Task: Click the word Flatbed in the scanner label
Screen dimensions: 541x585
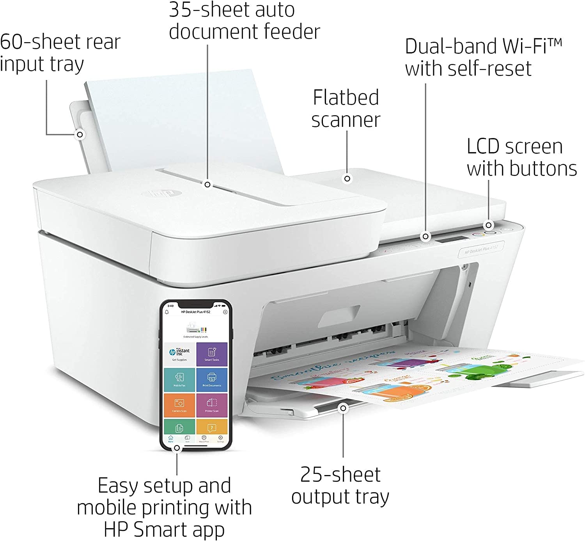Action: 346,98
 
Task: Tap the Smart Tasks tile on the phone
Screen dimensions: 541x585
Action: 212,354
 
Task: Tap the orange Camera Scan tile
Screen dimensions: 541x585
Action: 179,405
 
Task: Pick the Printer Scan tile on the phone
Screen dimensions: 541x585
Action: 212,405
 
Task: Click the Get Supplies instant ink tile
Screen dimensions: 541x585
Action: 179,354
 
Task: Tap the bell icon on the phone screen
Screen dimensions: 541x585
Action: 167,312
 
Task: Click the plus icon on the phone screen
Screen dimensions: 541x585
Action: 225,312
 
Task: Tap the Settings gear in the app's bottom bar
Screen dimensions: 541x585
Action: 221,438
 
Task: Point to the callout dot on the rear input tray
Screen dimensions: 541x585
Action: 80,135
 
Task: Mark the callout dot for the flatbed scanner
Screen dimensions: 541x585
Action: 347,179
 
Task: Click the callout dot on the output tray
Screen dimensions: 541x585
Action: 343,408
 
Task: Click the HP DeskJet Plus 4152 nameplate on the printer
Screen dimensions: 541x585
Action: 481,249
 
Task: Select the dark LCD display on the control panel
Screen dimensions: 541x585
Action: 451,239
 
